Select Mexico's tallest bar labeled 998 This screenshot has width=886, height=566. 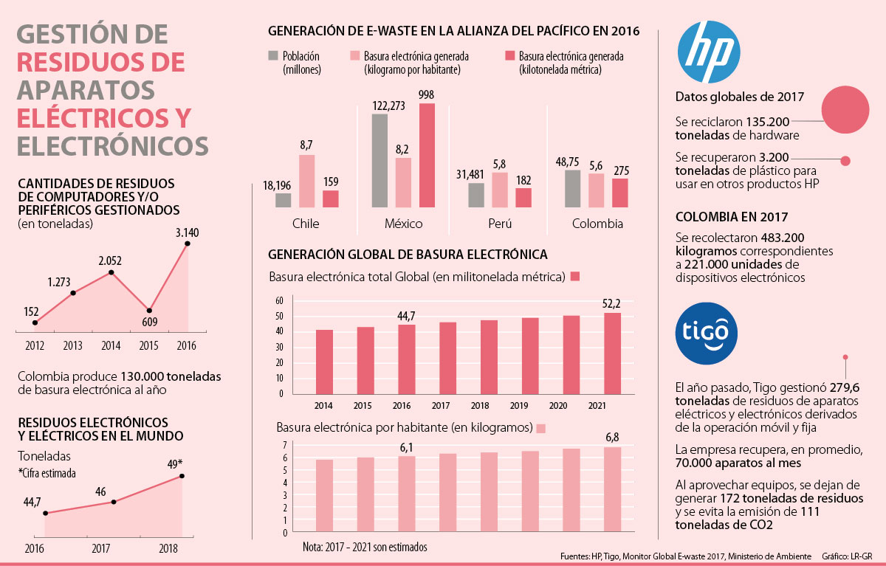pos(426,155)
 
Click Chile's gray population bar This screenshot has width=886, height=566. pos(284,200)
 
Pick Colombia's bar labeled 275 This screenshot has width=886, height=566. pos(621,193)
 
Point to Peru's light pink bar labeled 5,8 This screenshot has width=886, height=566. pos(500,190)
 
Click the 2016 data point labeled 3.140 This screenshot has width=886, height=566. pos(188,243)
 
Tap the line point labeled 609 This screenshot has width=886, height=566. pos(150,310)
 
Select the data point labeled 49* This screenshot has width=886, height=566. pos(182,475)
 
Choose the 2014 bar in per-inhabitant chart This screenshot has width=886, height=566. pos(323,496)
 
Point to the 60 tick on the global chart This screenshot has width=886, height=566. pos(279,300)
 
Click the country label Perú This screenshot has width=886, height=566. pos(499,223)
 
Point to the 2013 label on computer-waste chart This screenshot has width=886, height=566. pos(73,345)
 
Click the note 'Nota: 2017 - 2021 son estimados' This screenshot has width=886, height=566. pos(365,547)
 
